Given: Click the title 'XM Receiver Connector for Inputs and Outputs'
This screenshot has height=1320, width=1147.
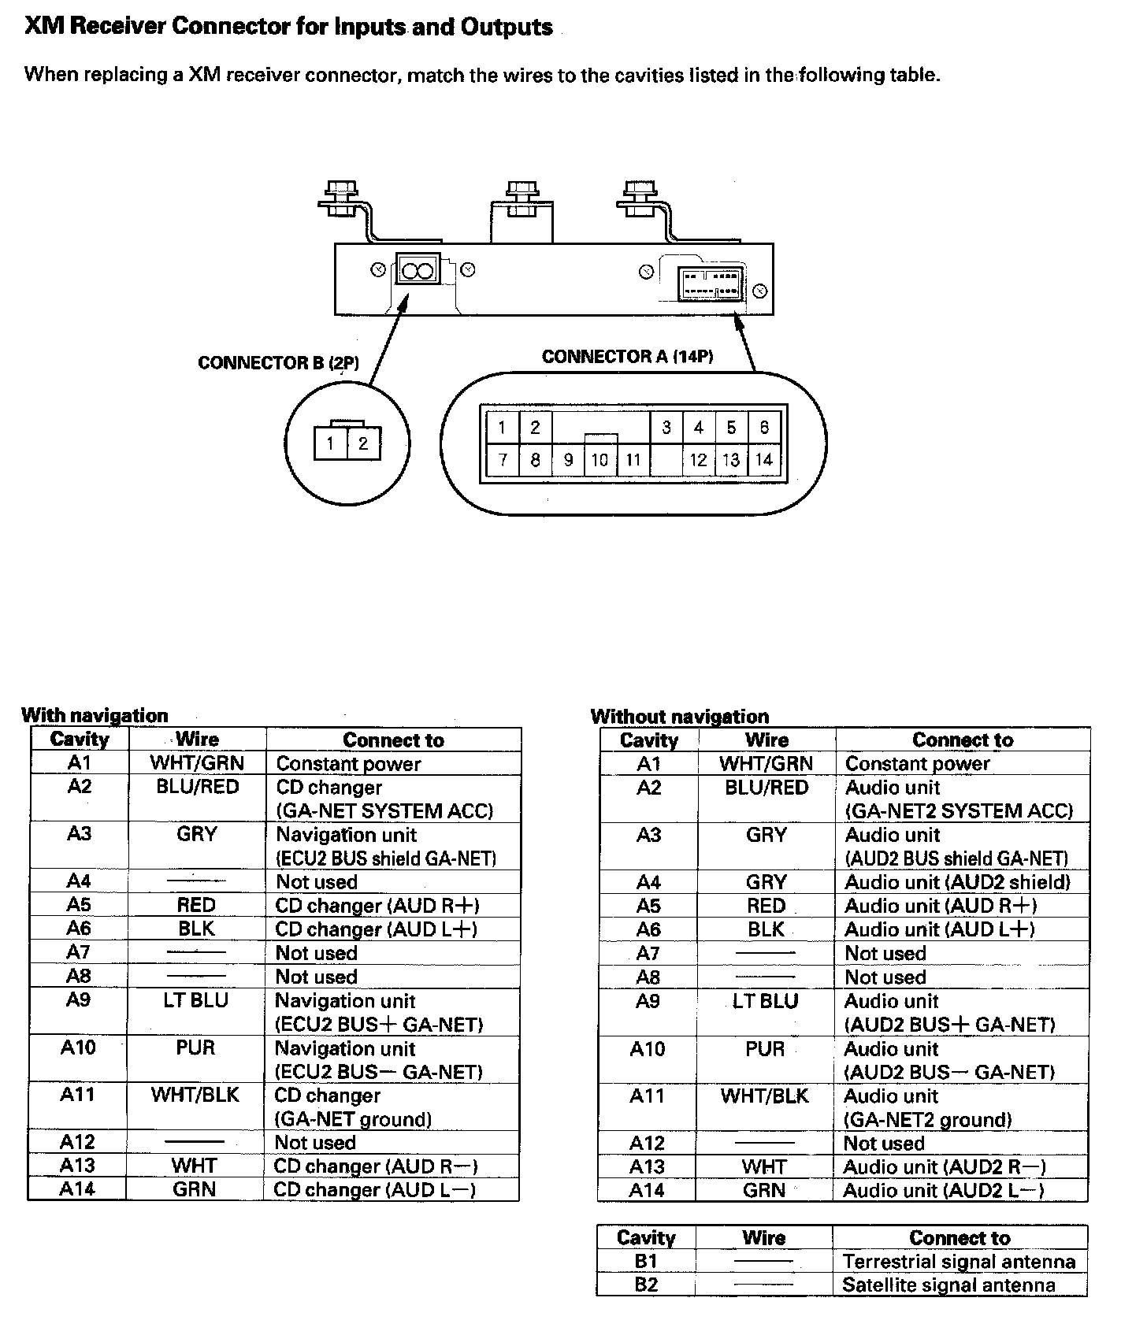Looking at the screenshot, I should [289, 27].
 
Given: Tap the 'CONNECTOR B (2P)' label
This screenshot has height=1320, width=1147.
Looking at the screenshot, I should [278, 363].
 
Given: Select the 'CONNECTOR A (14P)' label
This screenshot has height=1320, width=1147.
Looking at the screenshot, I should [627, 357].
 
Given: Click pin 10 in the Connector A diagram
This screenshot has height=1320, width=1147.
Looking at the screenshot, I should [599, 460].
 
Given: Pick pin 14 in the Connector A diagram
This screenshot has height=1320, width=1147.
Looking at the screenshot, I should [763, 460].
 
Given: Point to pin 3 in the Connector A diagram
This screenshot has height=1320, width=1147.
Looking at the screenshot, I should [666, 428].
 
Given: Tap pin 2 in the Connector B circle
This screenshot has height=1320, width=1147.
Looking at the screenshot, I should [363, 443].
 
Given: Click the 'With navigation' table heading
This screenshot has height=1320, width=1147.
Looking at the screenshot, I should [95, 715].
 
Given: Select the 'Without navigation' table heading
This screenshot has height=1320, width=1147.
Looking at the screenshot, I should [679, 716].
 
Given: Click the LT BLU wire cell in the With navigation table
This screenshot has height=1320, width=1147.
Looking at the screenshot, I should [196, 1000].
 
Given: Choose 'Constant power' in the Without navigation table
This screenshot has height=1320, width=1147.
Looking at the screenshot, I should [917, 763].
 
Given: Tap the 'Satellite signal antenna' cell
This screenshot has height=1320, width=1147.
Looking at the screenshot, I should [948, 1285].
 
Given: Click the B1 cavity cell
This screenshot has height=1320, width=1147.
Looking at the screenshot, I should [645, 1261].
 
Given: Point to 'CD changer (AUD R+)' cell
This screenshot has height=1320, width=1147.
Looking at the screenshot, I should [377, 906].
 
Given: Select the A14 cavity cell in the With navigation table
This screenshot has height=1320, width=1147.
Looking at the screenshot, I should [77, 1189].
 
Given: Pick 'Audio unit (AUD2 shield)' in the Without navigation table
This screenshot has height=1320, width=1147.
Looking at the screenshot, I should [957, 882].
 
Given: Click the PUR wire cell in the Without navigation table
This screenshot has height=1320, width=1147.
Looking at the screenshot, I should [765, 1049].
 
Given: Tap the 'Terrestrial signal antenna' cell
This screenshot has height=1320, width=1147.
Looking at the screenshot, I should [959, 1262].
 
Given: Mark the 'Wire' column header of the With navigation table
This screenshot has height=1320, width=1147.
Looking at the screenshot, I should [197, 740].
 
